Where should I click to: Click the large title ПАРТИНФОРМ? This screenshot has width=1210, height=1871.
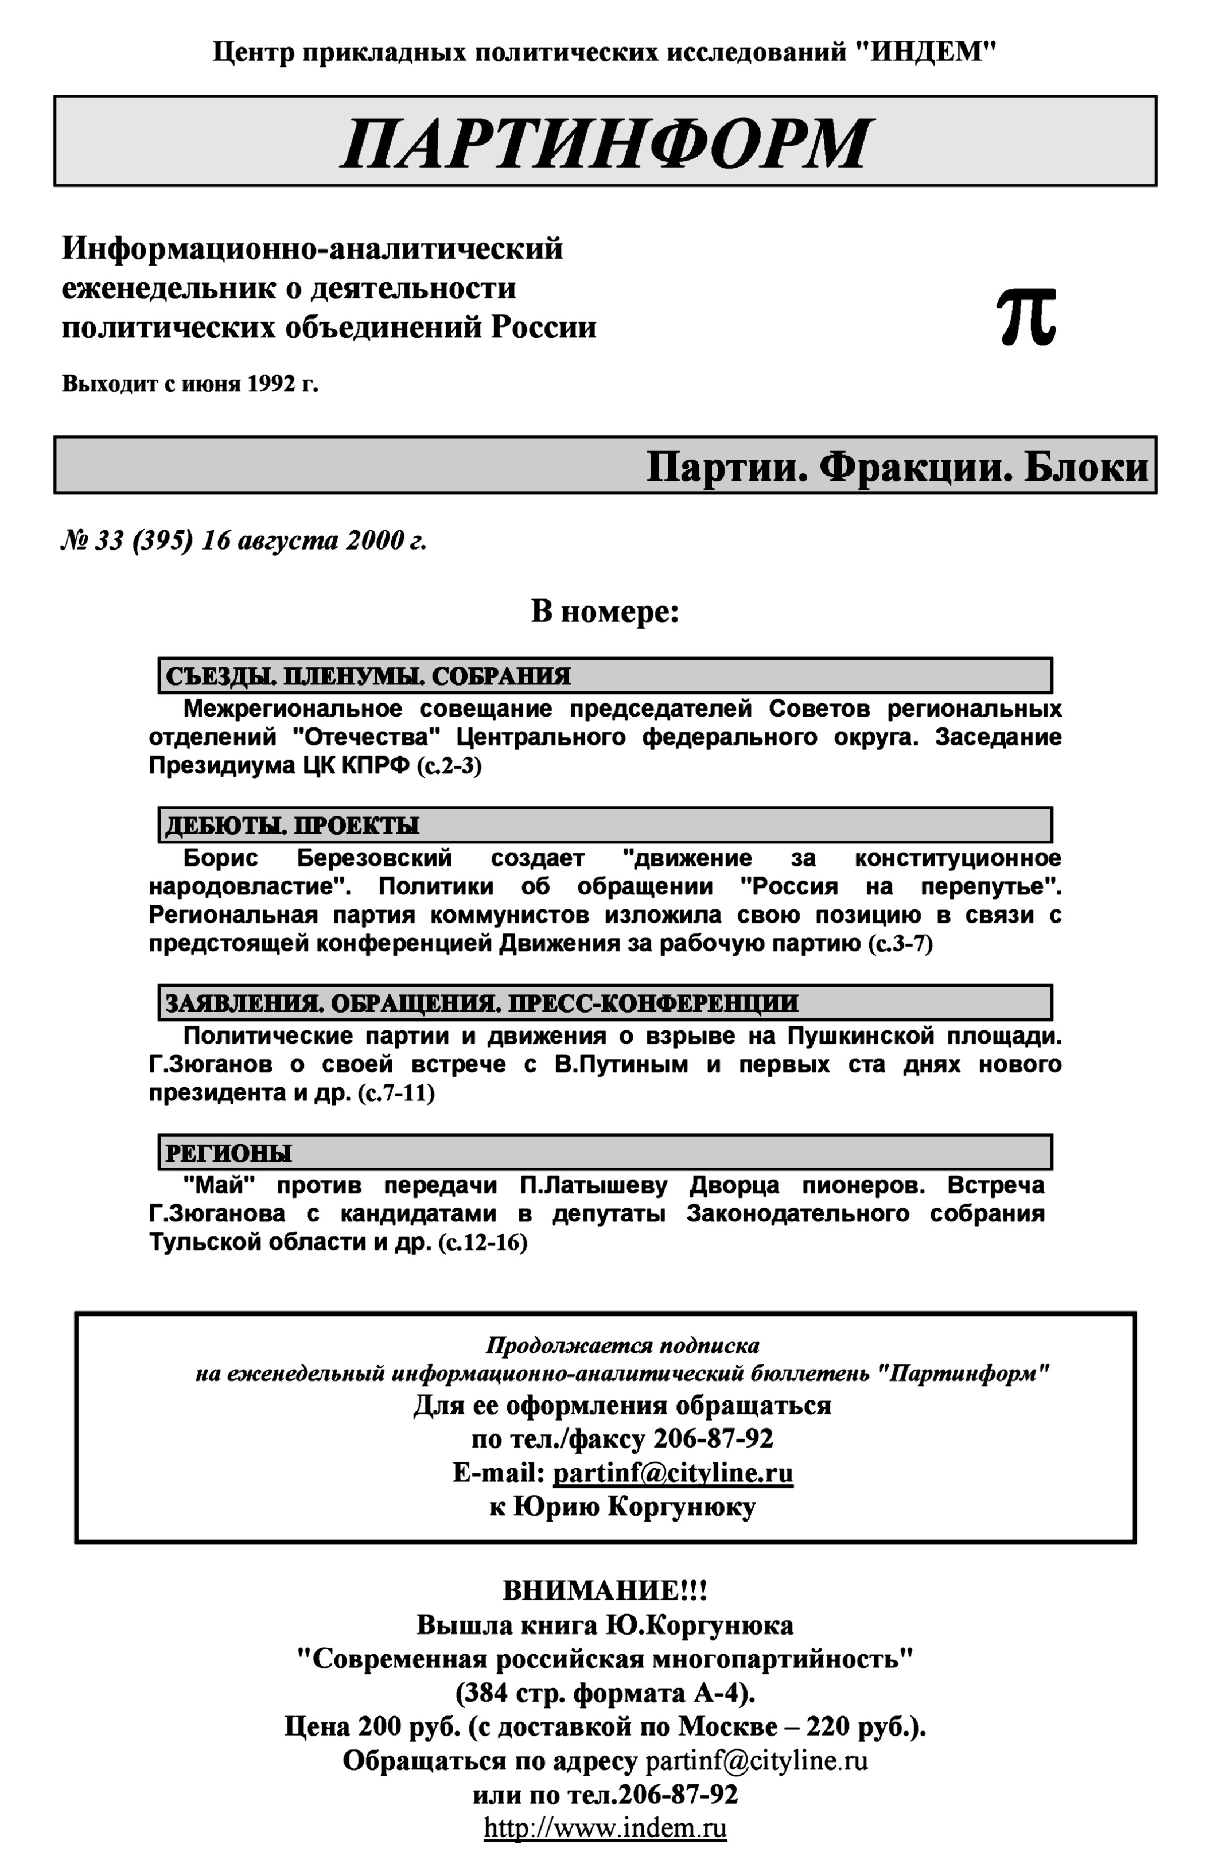click(605, 143)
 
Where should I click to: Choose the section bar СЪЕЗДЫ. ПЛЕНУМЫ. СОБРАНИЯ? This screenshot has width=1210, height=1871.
click(605, 675)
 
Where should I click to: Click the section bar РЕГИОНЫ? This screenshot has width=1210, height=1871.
click(605, 1152)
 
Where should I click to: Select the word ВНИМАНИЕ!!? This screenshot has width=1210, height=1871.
click(605, 1591)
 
